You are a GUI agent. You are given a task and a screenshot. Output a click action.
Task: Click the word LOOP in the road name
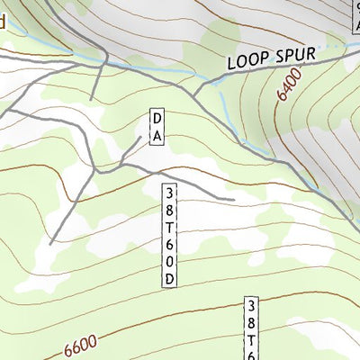click(x=247, y=62)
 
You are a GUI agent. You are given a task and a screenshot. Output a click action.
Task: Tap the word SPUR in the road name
click(x=294, y=55)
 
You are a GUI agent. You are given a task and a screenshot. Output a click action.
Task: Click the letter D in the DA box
click(x=156, y=119)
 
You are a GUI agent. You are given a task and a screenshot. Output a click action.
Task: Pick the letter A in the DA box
click(x=156, y=136)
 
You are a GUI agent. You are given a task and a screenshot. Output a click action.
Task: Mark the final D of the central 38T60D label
click(x=170, y=279)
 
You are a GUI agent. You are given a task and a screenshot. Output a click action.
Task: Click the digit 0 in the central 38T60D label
click(x=170, y=262)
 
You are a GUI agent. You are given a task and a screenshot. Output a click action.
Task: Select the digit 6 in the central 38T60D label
click(x=170, y=245)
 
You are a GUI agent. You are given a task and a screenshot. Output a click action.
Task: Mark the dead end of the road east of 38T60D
click(x=234, y=199)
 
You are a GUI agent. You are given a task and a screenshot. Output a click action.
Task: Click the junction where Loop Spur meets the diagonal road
click(x=192, y=93)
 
